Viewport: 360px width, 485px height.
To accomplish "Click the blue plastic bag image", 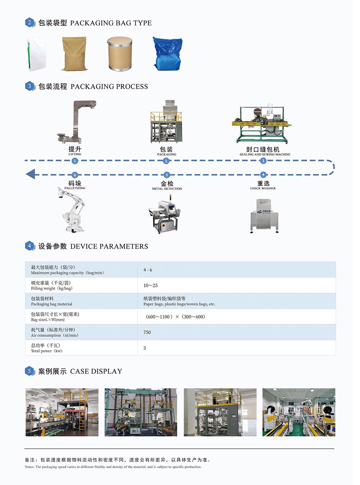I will point(167,54).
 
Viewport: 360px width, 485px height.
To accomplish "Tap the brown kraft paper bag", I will point(75,53).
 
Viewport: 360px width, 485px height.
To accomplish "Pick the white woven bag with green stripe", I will point(37,54).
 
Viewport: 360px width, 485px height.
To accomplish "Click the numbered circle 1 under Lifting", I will point(75,161).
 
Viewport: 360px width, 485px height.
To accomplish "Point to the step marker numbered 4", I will point(263,175).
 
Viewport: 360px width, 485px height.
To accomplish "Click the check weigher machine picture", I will point(264,215).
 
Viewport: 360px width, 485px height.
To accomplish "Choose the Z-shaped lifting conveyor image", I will point(77,122).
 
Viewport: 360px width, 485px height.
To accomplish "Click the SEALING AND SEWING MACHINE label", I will point(265,155).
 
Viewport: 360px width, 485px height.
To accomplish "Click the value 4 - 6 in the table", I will point(148,270).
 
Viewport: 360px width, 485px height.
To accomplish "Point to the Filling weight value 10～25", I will point(151,285).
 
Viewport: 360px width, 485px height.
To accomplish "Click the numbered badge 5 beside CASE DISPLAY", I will point(29,371).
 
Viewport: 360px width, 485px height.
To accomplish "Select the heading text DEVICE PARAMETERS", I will point(109,246).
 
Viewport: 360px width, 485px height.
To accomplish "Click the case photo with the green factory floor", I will point(299,412).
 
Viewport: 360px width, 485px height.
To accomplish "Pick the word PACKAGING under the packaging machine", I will point(167,155).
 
